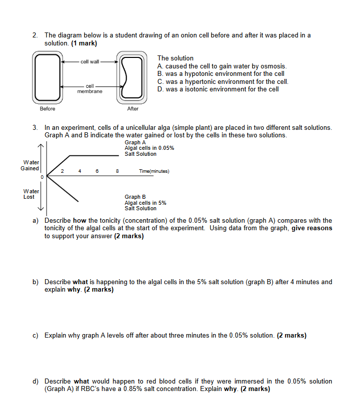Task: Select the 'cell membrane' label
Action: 89,89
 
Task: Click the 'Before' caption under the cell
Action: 47,109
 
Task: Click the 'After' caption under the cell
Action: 133,109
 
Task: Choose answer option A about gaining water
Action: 222,66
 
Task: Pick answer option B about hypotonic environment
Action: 220,73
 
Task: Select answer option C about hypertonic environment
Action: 222,81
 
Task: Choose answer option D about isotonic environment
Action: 217,89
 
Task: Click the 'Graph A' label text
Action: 135,142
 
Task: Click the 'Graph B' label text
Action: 135,197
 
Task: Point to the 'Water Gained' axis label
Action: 30,165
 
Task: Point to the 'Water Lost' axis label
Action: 29,194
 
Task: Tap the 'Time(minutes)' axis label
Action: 154,171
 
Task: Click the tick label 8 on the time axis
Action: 117,171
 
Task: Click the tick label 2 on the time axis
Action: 62,171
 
